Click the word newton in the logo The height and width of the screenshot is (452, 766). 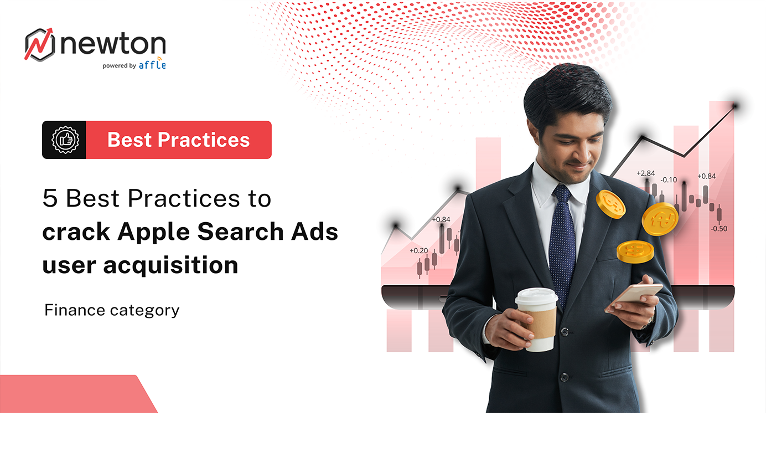pyautogui.click(x=113, y=44)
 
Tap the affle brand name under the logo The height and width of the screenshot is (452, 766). pyautogui.click(x=152, y=64)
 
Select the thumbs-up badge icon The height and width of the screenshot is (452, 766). pyautogui.click(x=65, y=140)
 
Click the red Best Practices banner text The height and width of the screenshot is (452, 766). pyautogui.click(x=178, y=140)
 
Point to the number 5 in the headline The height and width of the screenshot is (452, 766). pyautogui.click(x=50, y=199)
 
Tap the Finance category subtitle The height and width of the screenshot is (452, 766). pyautogui.click(x=112, y=310)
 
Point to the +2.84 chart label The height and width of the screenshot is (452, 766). pyautogui.click(x=645, y=173)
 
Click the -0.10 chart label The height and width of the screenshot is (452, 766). pyautogui.click(x=669, y=180)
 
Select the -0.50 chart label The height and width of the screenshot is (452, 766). pyautogui.click(x=720, y=228)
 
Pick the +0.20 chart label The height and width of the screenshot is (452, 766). pyautogui.click(x=418, y=250)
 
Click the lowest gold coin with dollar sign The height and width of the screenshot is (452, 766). pyautogui.click(x=635, y=251)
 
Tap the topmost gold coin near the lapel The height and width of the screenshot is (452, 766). pyautogui.click(x=610, y=203)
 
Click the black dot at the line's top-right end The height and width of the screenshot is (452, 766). pyautogui.click(x=735, y=105)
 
